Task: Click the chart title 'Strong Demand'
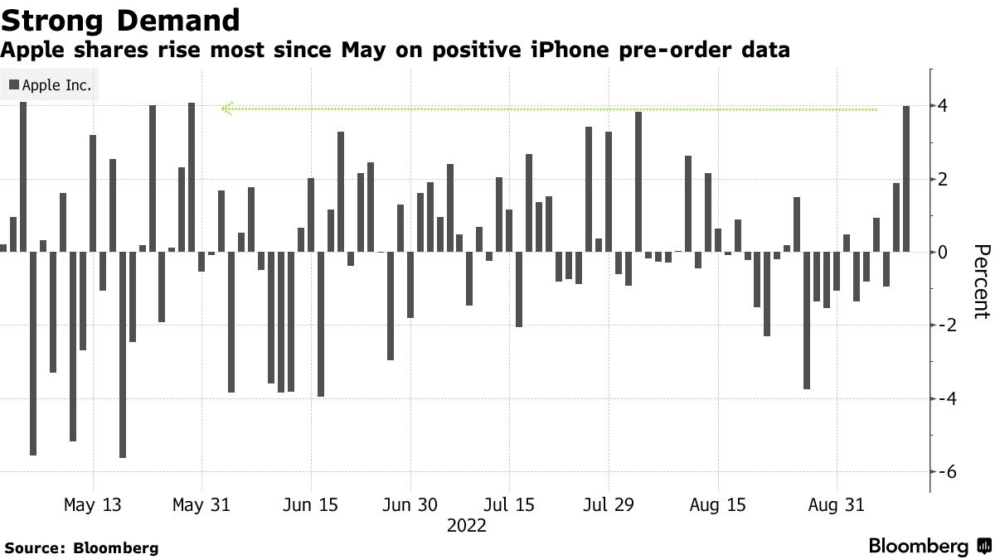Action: [121, 19]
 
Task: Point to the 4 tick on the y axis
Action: [943, 106]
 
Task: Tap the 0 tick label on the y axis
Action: [943, 252]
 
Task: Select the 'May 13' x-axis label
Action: [92, 505]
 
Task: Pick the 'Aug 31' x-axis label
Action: [835, 505]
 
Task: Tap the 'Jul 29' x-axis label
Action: [609, 505]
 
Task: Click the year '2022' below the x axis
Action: [467, 526]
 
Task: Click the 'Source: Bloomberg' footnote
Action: [81, 547]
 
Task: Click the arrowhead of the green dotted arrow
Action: [226, 108]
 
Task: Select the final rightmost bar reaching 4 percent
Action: [906, 178]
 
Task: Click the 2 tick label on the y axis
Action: [943, 179]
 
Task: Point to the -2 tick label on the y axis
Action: [939, 325]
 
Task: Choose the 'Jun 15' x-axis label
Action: [310, 505]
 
